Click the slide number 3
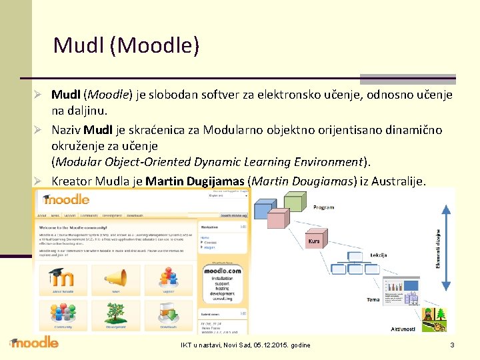click(x=453, y=345)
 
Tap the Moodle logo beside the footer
click(x=34, y=343)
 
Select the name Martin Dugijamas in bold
click(x=195, y=181)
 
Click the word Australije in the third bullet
click(x=395, y=181)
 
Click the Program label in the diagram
click(x=323, y=207)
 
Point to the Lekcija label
click(x=379, y=255)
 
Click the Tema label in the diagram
click(x=373, y=299)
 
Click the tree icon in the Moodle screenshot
click(x=63, y=312)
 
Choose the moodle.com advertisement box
click(x=222, y=283)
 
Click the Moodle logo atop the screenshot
click(x=66, y=199)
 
